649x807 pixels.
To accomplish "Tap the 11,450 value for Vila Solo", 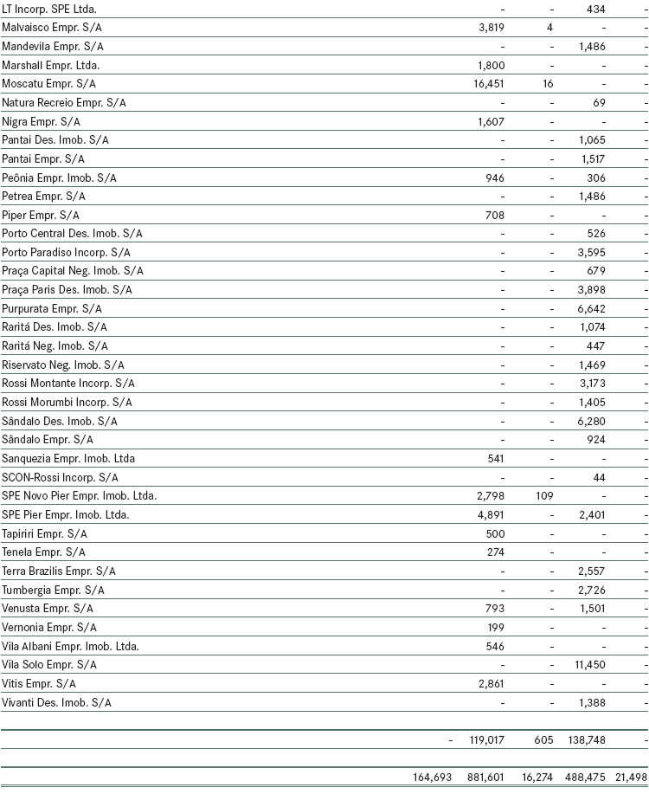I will coord(588,665).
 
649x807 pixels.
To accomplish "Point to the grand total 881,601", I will coord(485,778).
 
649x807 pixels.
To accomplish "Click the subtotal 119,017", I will coord(485,740).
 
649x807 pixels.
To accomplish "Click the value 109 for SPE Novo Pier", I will coord(544,496).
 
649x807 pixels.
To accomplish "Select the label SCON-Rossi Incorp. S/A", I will coord(61,477).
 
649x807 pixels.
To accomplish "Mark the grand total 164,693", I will coord(433,778).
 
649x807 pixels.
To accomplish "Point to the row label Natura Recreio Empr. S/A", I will coord(64,102).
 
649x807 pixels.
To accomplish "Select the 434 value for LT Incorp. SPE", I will coord(595,9).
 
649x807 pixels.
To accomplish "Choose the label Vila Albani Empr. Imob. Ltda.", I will coord(70,646).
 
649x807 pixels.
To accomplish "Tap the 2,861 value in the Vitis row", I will coord(491,684).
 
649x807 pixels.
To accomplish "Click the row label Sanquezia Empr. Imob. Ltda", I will coord(68,458).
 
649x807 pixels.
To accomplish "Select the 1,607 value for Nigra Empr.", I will coord(491,121).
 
